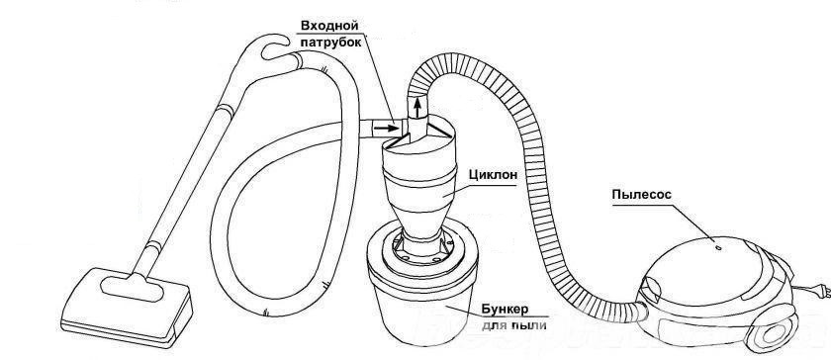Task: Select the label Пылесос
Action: point(642,195)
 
